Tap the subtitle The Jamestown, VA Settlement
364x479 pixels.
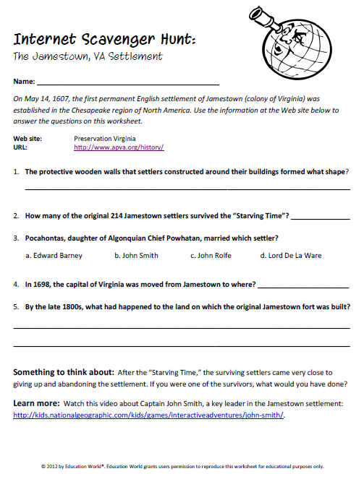point(88,56)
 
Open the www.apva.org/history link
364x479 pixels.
point(119,147)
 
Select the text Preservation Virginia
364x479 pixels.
point(105,137)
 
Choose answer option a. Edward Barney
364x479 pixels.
point(54,255)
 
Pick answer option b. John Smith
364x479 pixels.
point(136,255)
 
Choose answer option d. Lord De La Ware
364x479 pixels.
point(291,255)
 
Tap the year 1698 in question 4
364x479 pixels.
point(41,285)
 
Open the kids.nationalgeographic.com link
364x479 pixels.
point(149,415)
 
